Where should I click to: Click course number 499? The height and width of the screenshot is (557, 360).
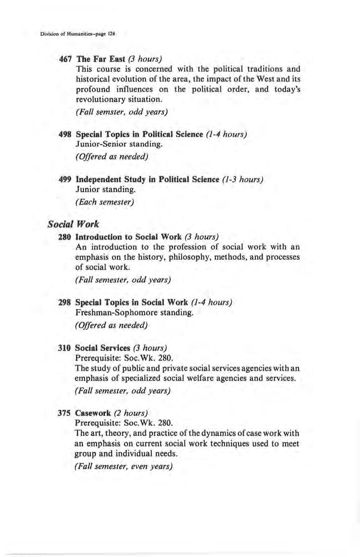[67, 180]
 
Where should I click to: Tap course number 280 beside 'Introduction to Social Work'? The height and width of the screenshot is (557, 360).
[67, 236]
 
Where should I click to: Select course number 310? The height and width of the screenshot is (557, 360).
[67, 349]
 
